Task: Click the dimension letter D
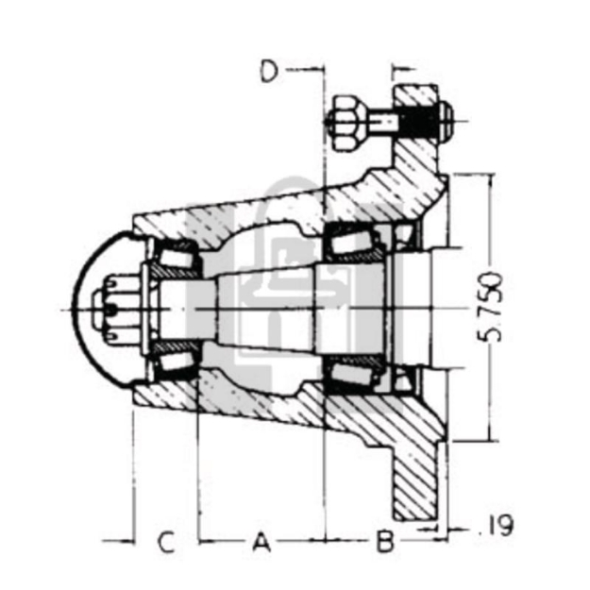click(x=269, y=72)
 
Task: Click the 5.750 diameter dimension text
click(x=491, y=308)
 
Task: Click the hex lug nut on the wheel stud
click(x=341, y=122)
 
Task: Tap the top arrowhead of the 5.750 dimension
click(x=488, y=179)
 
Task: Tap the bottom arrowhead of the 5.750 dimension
click(x=488, y=436)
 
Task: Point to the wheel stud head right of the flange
click(x=445, y=120)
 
